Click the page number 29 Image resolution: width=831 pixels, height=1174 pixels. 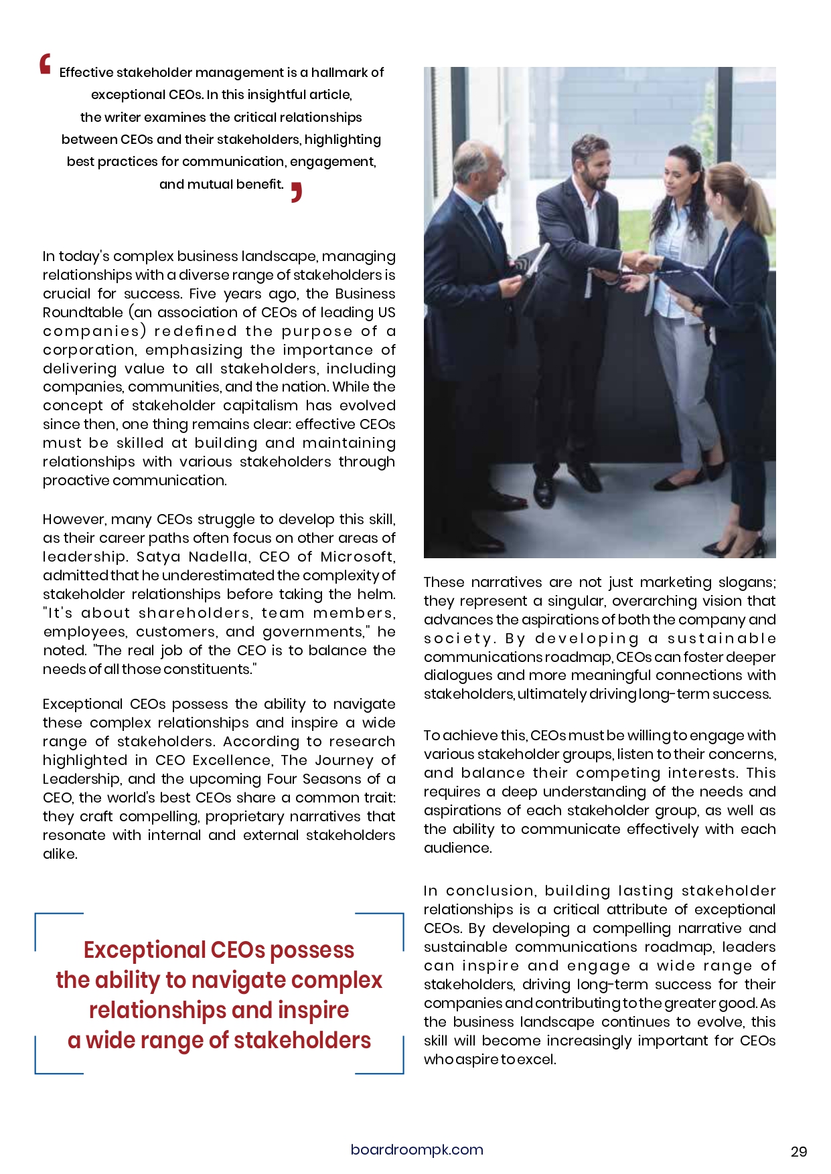point(799,1151)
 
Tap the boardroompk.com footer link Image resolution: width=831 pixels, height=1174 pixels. point(417,1149)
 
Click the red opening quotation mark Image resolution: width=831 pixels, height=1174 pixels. point(45,64)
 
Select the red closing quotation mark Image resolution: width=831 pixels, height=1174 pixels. point(297,191)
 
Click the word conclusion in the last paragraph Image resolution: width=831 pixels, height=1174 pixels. point(490,891)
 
